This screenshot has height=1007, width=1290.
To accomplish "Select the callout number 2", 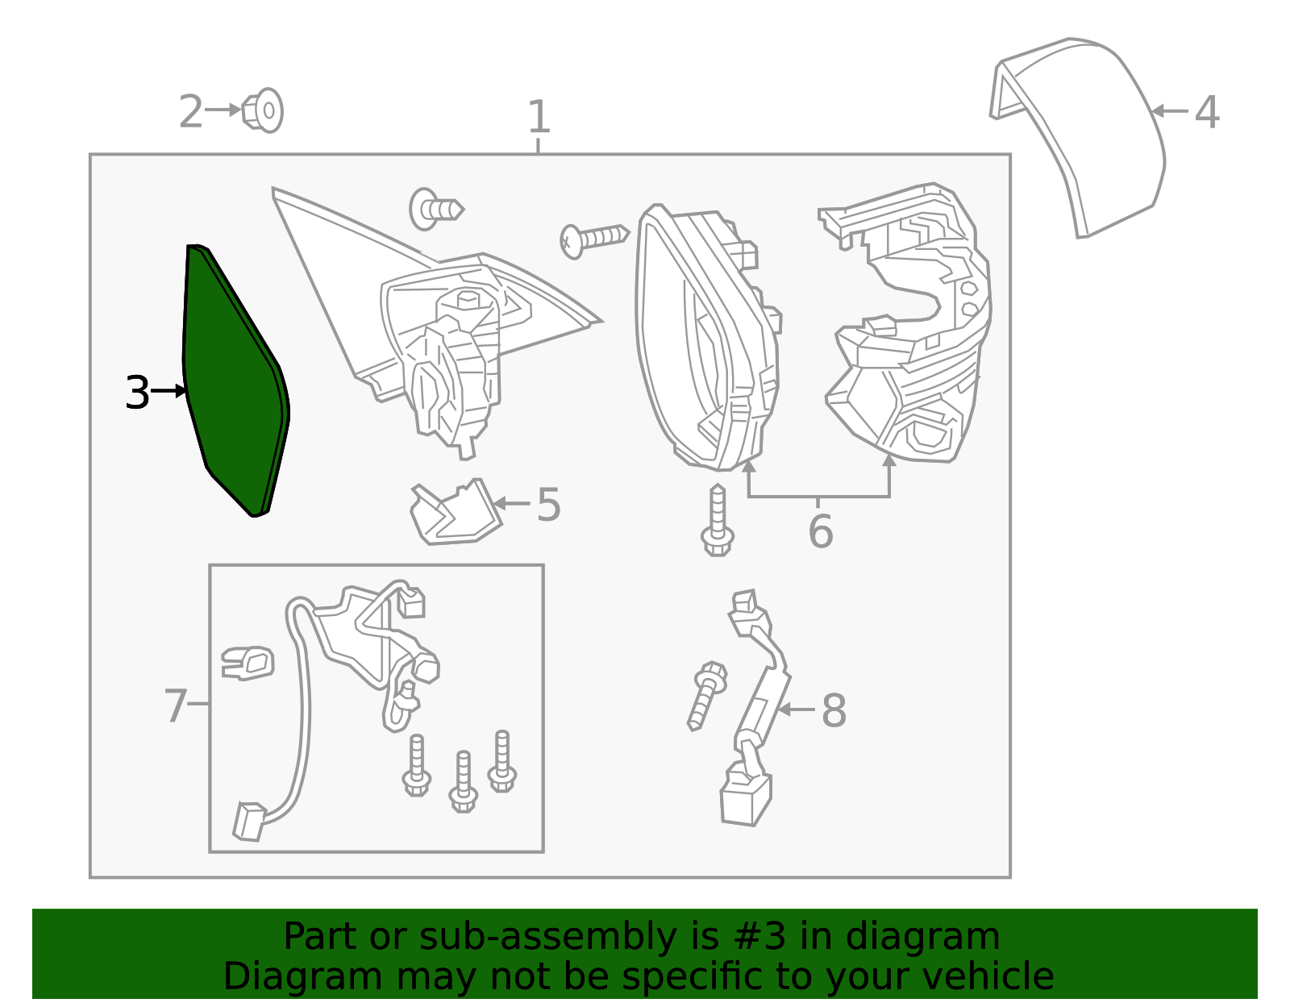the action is pyautogui.click(x=191, y=111).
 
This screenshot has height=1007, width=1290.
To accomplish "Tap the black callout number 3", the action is pyautogui.click(x=138, y=392).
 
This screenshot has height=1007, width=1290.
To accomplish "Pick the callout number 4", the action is pyautogui.click(x=1207, y=113).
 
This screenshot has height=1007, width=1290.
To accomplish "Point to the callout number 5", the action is pyautogui.click(x=548, y=505).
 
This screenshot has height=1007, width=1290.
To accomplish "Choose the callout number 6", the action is pyautogui.click(x=821, y=531).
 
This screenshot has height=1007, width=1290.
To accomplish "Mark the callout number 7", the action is pyautogui.click(x=176, y=705).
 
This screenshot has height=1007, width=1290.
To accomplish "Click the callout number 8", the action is pyautogui.click(x=834, y=710).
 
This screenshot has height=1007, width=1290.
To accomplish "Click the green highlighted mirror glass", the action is pyautogui.click(x=235, y=381).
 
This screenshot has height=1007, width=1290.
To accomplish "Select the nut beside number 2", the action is pyautogui.click(x=263, y=111).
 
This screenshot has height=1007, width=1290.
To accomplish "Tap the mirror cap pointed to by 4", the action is pyautogui.click(x=1077, y=138).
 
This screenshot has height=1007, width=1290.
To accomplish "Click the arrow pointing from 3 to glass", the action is pyautogui.click(x=169, y=391).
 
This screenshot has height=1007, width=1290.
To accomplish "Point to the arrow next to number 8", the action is pyautogui.click(x=796, y=709).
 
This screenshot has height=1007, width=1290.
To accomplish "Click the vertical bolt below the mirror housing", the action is pyautogui.click(x=717, y=520).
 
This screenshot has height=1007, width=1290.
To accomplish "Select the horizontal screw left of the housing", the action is pyautogui.click(x=594, y=241).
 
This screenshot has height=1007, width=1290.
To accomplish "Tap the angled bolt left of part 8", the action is pyautogui.click(x=706, y=696).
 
